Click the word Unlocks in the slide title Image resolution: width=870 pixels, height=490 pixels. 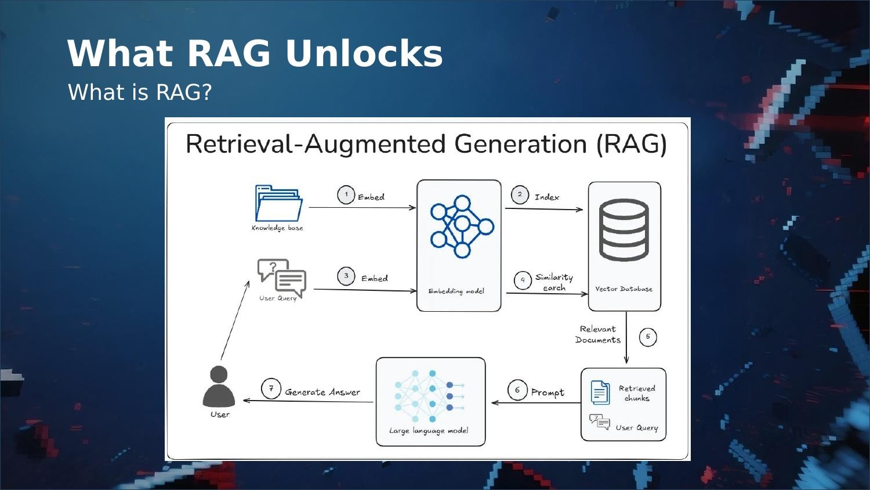point(364,53)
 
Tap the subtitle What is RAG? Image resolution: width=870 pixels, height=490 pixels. point(140,92)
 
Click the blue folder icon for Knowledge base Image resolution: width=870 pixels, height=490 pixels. point(278,203)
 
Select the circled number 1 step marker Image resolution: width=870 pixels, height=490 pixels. point(346,195)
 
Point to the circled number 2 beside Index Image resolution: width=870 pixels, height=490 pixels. point(520,195)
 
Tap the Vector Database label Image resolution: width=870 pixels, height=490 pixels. point(623,289)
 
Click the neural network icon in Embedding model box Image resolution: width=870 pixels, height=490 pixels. point(461,226)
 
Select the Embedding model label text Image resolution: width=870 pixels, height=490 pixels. point(456,291)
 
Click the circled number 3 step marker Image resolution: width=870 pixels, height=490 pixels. point(346,276)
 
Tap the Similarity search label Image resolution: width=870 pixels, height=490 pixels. point(554,282)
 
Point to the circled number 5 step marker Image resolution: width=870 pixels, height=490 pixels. point(648,337)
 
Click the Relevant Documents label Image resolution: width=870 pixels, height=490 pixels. point(598,334)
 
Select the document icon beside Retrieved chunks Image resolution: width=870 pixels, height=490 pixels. point(600,392)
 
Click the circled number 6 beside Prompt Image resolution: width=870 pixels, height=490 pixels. point(517,390)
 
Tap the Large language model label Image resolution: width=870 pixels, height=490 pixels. point(429,431)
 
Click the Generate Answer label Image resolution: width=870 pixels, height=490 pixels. point(322,392)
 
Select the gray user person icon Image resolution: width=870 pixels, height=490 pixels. point(219,387)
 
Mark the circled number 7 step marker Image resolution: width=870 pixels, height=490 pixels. point(271,388)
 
